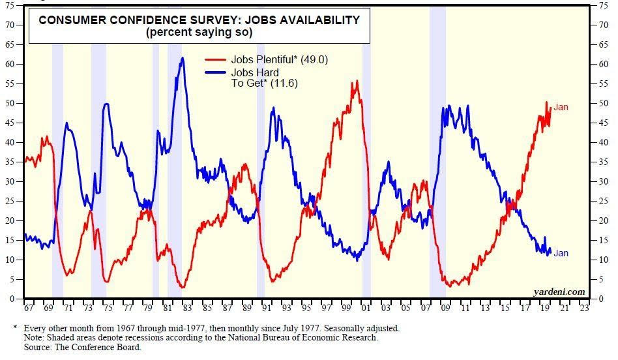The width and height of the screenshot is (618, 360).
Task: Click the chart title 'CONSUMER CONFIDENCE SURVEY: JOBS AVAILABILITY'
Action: pyautogui.click(x=199, y=20)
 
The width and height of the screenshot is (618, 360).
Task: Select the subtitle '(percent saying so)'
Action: pyautogui.click(x=199, y=32)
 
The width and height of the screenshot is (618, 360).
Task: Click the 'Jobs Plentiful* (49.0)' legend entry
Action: pyautogui.click(x=280, y=60)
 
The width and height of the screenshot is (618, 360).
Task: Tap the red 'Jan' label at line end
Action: pyautogui.click(x=561, y=107)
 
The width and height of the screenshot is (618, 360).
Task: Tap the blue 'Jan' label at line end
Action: pyautogui.click(x=561, y=253)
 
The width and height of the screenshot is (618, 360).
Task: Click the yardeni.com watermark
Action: pyautogui.click(x=559, y=292)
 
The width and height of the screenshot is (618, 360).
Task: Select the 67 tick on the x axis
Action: pyautogui.click(x=28, y=305)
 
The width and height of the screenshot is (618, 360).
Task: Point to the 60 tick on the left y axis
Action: pyautogui.click(x=10, y=64)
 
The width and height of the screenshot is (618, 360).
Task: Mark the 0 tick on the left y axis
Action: pyautogui.click(x=12, y=299)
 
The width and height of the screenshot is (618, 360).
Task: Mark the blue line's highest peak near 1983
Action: pyautogui.click(x=183, y=57)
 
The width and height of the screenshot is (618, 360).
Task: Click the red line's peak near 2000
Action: pyautogui.click(x=357, y=81)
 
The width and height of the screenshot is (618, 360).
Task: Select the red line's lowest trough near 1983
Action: pyautogui.click(x=183, y=287)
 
